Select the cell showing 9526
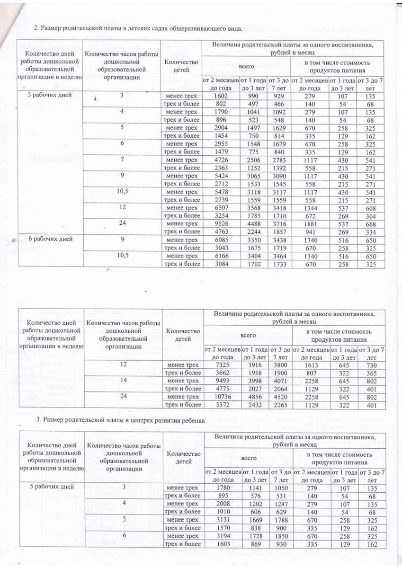coord(221,223)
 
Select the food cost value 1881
coord(310,223)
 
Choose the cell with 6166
coord(221,256)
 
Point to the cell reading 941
coord(310,231)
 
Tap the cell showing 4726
coord(221,160)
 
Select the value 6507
coord(221,207)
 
